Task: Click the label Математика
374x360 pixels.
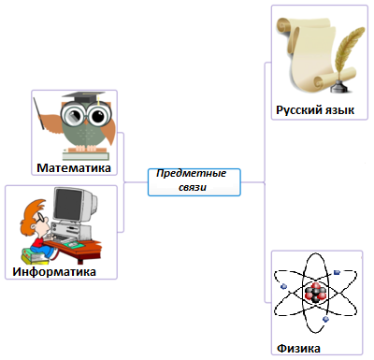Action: [74, 169]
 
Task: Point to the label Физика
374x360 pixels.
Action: [299, 348]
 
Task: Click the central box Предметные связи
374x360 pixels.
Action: [194, 181]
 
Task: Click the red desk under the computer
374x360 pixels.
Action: [84, 247]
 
